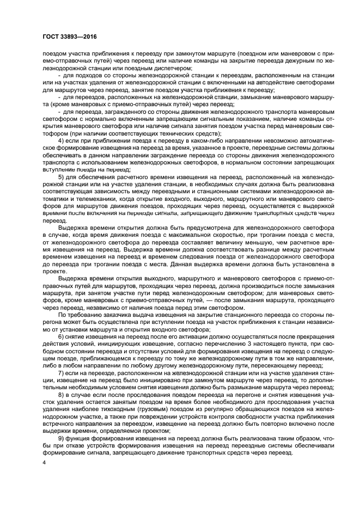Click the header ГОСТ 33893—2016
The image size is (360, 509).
click(68, 36)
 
